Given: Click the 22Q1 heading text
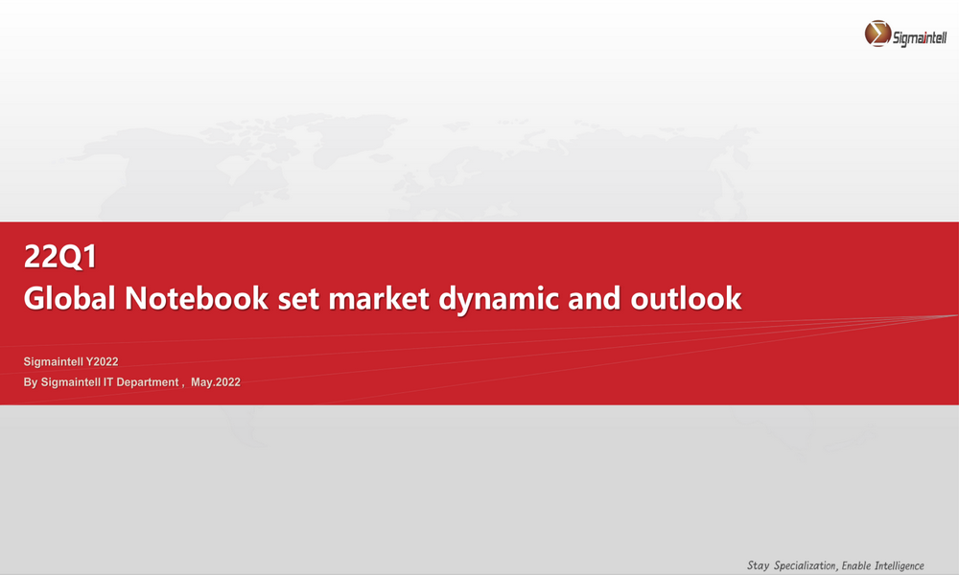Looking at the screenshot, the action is pos(59,257).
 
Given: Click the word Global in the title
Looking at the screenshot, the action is pos(70,298).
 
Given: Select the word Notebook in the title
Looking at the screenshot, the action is pos(197,298).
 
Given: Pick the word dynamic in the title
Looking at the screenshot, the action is pos(499,301).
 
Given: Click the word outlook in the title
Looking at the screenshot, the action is pos(687,298).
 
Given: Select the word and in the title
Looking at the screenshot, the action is pos(595,298).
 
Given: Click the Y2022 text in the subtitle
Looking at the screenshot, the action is pos(103,361).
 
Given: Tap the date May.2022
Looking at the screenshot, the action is pos(215,382).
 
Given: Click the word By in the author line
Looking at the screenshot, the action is pos(31,382).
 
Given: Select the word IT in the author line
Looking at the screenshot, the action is pos(107,382).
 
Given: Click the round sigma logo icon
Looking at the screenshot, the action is pos(877,34).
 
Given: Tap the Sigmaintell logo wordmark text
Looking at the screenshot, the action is pos(920,38).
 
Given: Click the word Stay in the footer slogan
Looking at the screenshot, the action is pos(759,565).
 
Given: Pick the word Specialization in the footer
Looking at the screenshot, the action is pos(805,565).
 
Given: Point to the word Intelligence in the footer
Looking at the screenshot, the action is pos(900,565).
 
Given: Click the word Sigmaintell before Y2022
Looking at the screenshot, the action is pos(53,361).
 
